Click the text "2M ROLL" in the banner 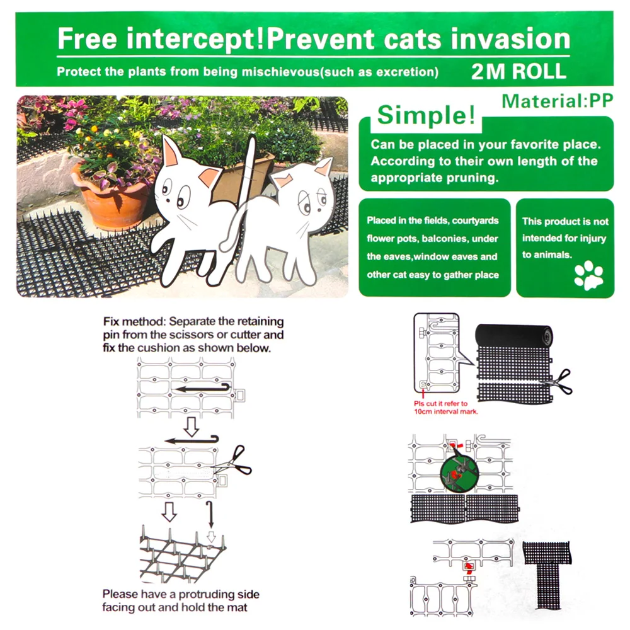click(518, 72)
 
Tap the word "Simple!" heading click(426, 115)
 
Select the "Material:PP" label click(558, 101)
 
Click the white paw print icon click(588, 275)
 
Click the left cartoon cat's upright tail click(248, 169)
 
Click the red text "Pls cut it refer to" click(441, 403)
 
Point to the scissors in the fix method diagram click(233, 461)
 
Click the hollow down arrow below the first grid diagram click(192, 427)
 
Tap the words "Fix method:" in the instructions click(134, 321)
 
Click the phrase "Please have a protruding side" click(181, 594)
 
